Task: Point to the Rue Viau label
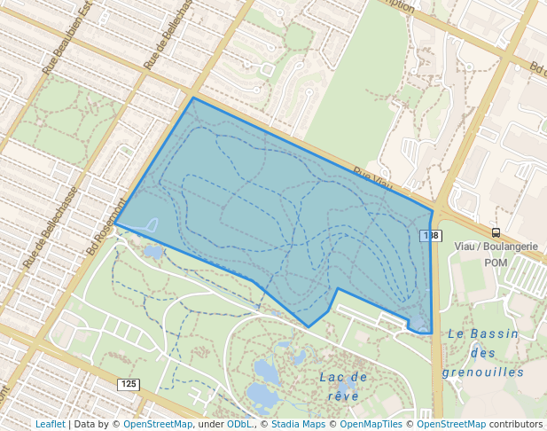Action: pyautogui.click(x=372, y=178)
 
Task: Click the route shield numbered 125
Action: pyautogui.click(x=128, y=384)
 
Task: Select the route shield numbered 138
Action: pyautogui.click(x=430, y=235)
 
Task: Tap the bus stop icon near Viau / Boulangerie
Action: pyautogui.click(x=496, y=232)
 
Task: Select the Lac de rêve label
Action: pyautogui.click(x=342, y=386)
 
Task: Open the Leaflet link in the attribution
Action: pyautogui.click(x=51, y=424)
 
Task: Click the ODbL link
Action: pyautogui.click(x=239, y=424)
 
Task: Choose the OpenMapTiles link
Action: pyautogui.click(x=371, y=424)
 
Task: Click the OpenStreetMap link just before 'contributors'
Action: pyautogui.click(x=451, y=424)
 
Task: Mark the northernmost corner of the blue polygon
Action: pyautogui.click(x=193, y=98)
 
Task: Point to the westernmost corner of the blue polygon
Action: pyautogui.click(x=116, y=224)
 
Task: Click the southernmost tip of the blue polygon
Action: pyautogui.click(x=309, y=326)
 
